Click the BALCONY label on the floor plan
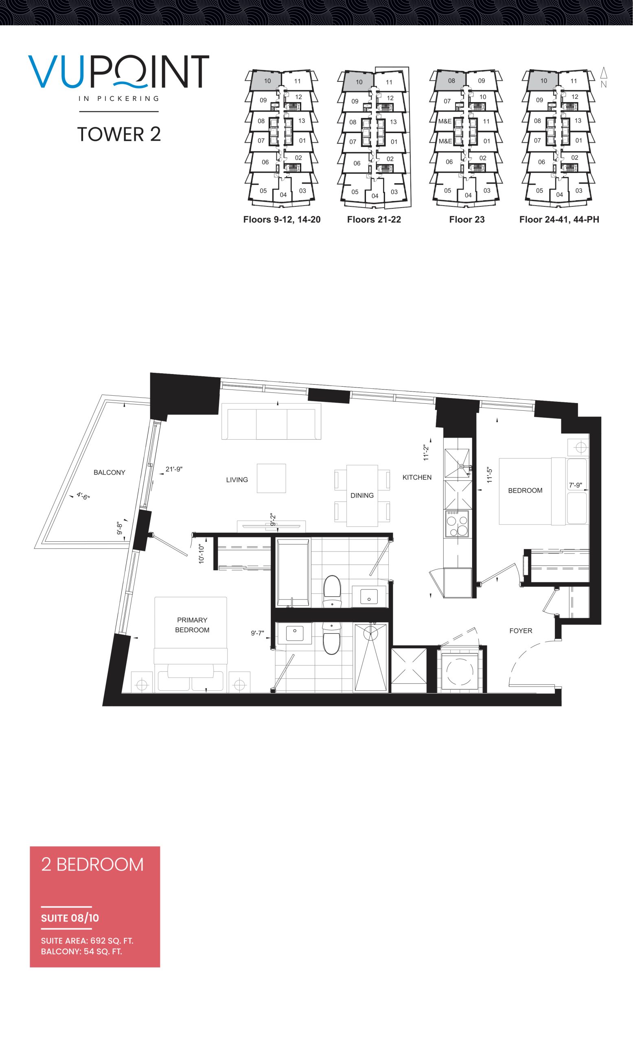109,473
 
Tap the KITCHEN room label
416,477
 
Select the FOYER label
521,631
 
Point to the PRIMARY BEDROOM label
192,625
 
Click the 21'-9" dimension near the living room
174,469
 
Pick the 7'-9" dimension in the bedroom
575,486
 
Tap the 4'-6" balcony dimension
83,496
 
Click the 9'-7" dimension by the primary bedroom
257,633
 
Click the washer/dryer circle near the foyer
459,673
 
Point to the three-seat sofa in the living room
271,421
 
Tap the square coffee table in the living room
271,478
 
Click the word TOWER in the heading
111,134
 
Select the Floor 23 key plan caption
467,219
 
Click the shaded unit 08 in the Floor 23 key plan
451,80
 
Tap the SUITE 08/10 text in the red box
70,918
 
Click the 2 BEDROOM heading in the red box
92,865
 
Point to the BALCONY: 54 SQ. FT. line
81,952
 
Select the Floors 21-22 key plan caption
374,219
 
